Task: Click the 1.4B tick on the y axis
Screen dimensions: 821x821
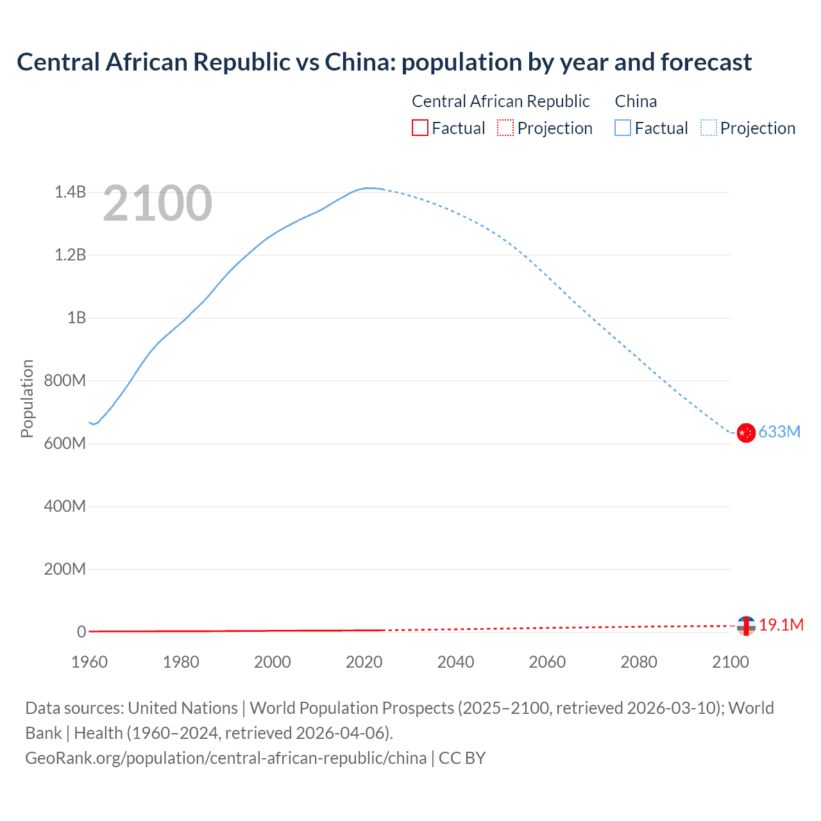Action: coord(70,192)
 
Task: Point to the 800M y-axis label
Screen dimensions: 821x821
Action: coord(65,380)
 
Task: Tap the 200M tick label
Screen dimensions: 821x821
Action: coord(65,569)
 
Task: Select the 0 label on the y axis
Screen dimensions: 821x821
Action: coord(81,632)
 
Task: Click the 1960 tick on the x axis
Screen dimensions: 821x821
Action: coord(89,662)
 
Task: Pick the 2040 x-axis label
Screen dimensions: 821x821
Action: coord(455,662)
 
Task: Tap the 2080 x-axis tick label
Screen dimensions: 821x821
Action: coord(639,662)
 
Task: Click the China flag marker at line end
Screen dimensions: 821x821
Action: coord(746,433)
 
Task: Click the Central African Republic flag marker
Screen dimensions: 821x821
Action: coord(746,625)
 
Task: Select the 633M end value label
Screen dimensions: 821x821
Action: coord(779,432)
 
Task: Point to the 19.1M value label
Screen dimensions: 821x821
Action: coord(781,625)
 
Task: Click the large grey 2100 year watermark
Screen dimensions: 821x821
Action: coord(157,203)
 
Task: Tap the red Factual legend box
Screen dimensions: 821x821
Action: coord(419,128)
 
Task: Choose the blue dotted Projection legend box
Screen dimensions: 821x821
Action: coord(708,128)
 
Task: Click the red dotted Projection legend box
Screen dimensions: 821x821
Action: coord(505,128)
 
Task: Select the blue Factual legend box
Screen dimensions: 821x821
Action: coord(623,128)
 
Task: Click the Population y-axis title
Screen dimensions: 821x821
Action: coord(27,398)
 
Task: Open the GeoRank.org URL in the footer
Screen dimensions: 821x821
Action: coord(226,758)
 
